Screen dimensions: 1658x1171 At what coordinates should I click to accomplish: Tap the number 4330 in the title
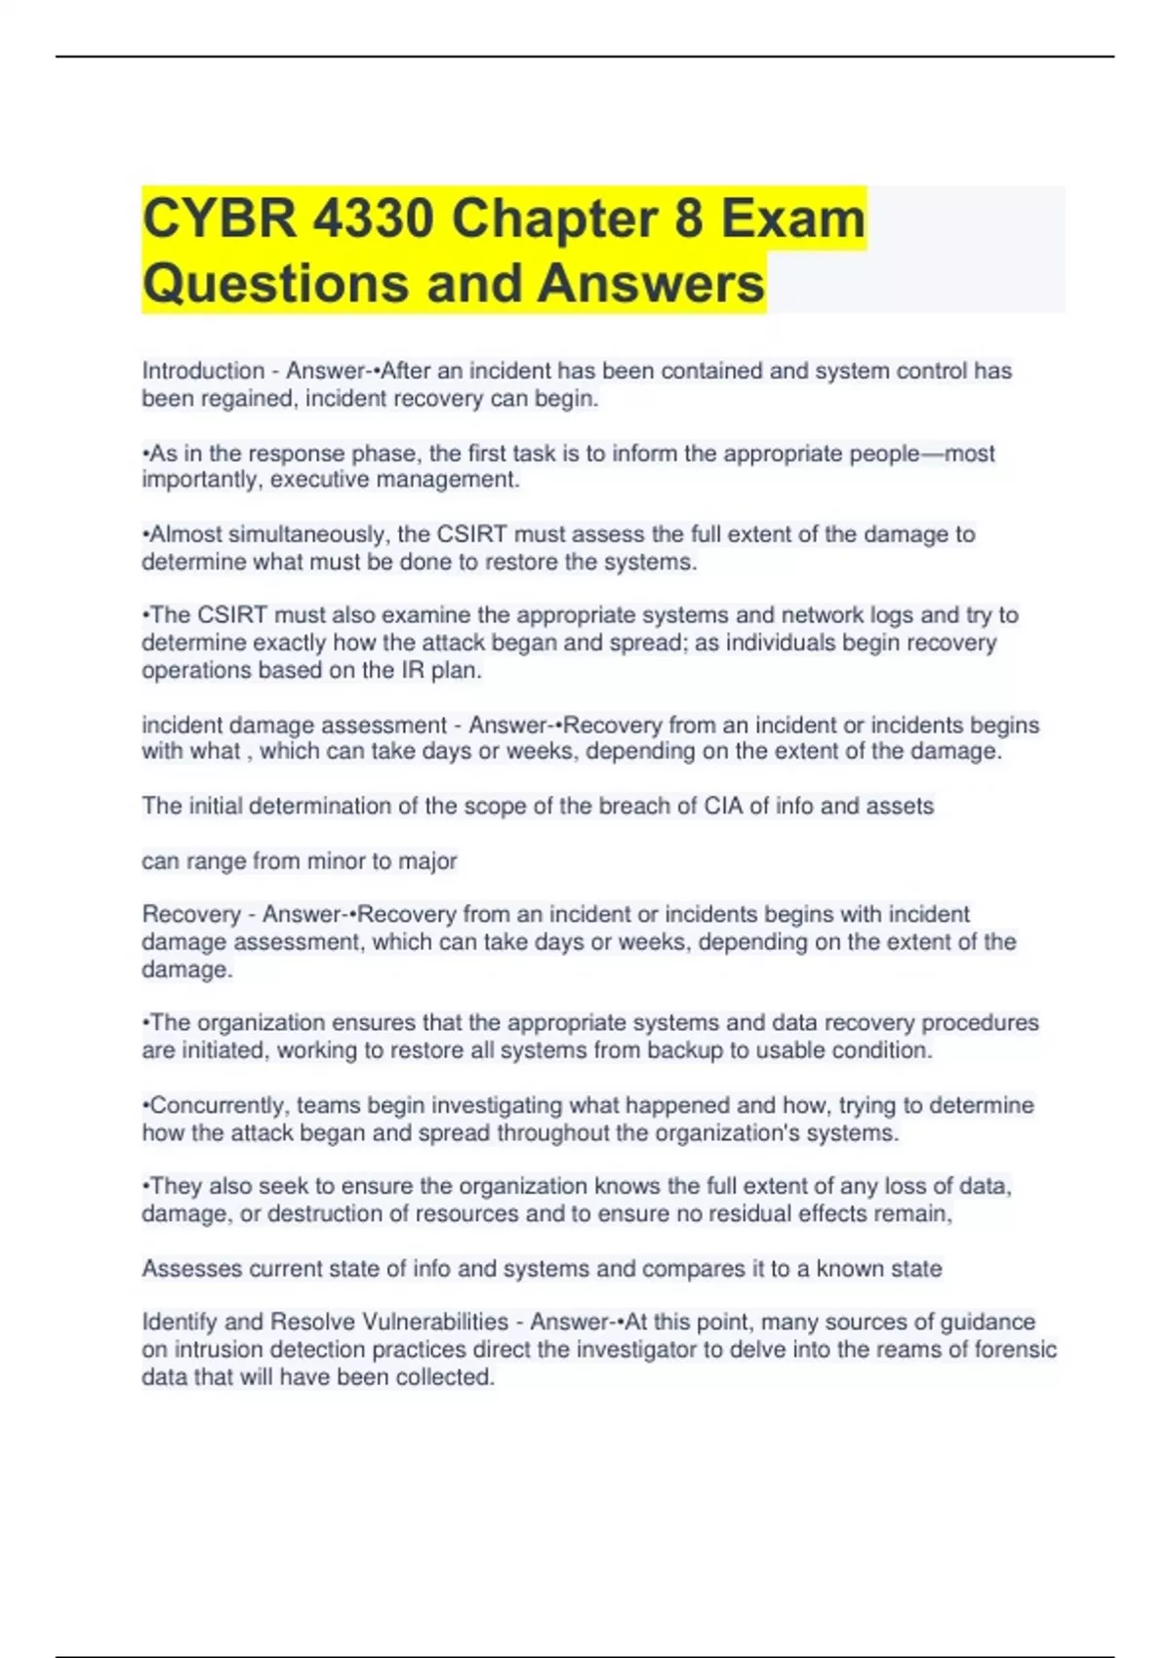[x=374, y=217]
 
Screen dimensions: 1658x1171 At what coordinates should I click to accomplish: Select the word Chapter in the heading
[x=554, y=217]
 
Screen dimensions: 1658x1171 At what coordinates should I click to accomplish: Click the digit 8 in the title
[x=688, y=217]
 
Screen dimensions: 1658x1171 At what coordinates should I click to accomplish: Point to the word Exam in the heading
[x=793, y=217]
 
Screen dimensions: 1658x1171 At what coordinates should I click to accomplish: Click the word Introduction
[x=203, y=372]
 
